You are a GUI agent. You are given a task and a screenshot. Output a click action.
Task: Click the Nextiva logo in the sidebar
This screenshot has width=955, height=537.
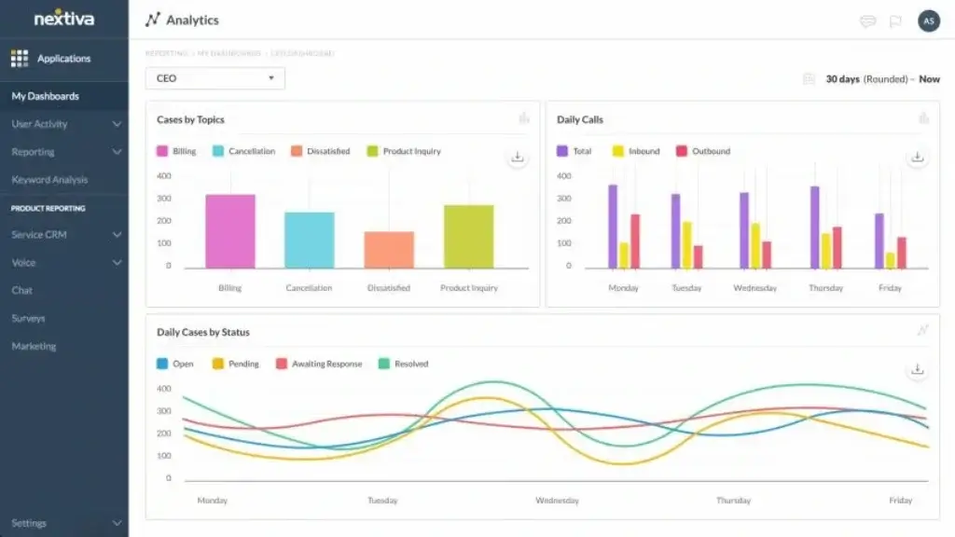tap(62, 19)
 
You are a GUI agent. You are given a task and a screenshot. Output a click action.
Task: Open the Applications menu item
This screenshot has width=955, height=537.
tap(62, 59)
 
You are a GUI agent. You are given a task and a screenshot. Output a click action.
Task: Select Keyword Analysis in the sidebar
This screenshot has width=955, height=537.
tap(49, 180)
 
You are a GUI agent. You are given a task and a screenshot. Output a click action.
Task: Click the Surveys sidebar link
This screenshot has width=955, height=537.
tap(28, 319)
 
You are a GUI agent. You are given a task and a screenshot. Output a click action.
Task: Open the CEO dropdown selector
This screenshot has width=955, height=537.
tap(215, 78)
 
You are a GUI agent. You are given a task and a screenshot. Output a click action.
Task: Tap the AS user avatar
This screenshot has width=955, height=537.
tap(928, 21)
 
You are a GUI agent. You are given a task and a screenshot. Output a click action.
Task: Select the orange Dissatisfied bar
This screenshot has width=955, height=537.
tap(389, 250)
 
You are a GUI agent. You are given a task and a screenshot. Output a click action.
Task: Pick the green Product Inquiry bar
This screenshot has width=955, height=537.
tap(469, 237)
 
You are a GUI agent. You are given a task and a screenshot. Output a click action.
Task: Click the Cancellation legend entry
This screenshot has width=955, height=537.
tap(244, 151)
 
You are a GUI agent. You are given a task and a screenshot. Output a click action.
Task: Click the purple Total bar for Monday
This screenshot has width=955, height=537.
tap(613, 227)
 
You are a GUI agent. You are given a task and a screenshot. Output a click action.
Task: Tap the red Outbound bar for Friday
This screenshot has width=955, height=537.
tap(902, 253)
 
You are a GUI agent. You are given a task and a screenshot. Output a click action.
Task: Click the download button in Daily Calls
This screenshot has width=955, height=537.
tap(918, 157)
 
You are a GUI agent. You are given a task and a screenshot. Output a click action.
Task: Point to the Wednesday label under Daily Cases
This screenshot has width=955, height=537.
tap(558, 501)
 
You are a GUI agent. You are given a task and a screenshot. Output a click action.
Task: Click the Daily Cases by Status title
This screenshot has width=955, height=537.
tap(203, 332)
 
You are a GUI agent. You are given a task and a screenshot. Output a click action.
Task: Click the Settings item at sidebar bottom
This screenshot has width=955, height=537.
tap(29, 523)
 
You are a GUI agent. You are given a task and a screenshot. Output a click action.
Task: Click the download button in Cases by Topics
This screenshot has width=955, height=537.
tap(518, 157)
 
